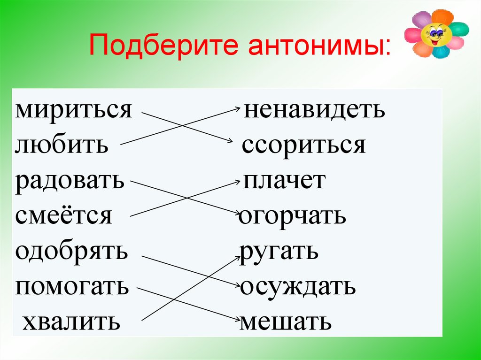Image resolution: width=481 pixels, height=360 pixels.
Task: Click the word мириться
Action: [74, 109]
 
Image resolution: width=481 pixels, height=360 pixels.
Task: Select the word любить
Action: [62, 145]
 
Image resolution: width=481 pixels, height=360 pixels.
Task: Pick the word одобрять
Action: [71, 252]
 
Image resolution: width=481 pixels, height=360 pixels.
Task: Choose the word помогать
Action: [71, 287]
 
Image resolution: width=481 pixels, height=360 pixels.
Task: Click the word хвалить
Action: [71, 322]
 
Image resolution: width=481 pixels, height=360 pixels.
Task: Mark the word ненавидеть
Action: [314, 109]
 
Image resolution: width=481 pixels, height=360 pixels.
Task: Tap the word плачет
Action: [284, 181]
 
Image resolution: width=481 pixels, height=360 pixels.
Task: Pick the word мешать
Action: [285, 322]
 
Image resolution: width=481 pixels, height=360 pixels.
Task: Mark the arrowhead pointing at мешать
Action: [237, 320]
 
